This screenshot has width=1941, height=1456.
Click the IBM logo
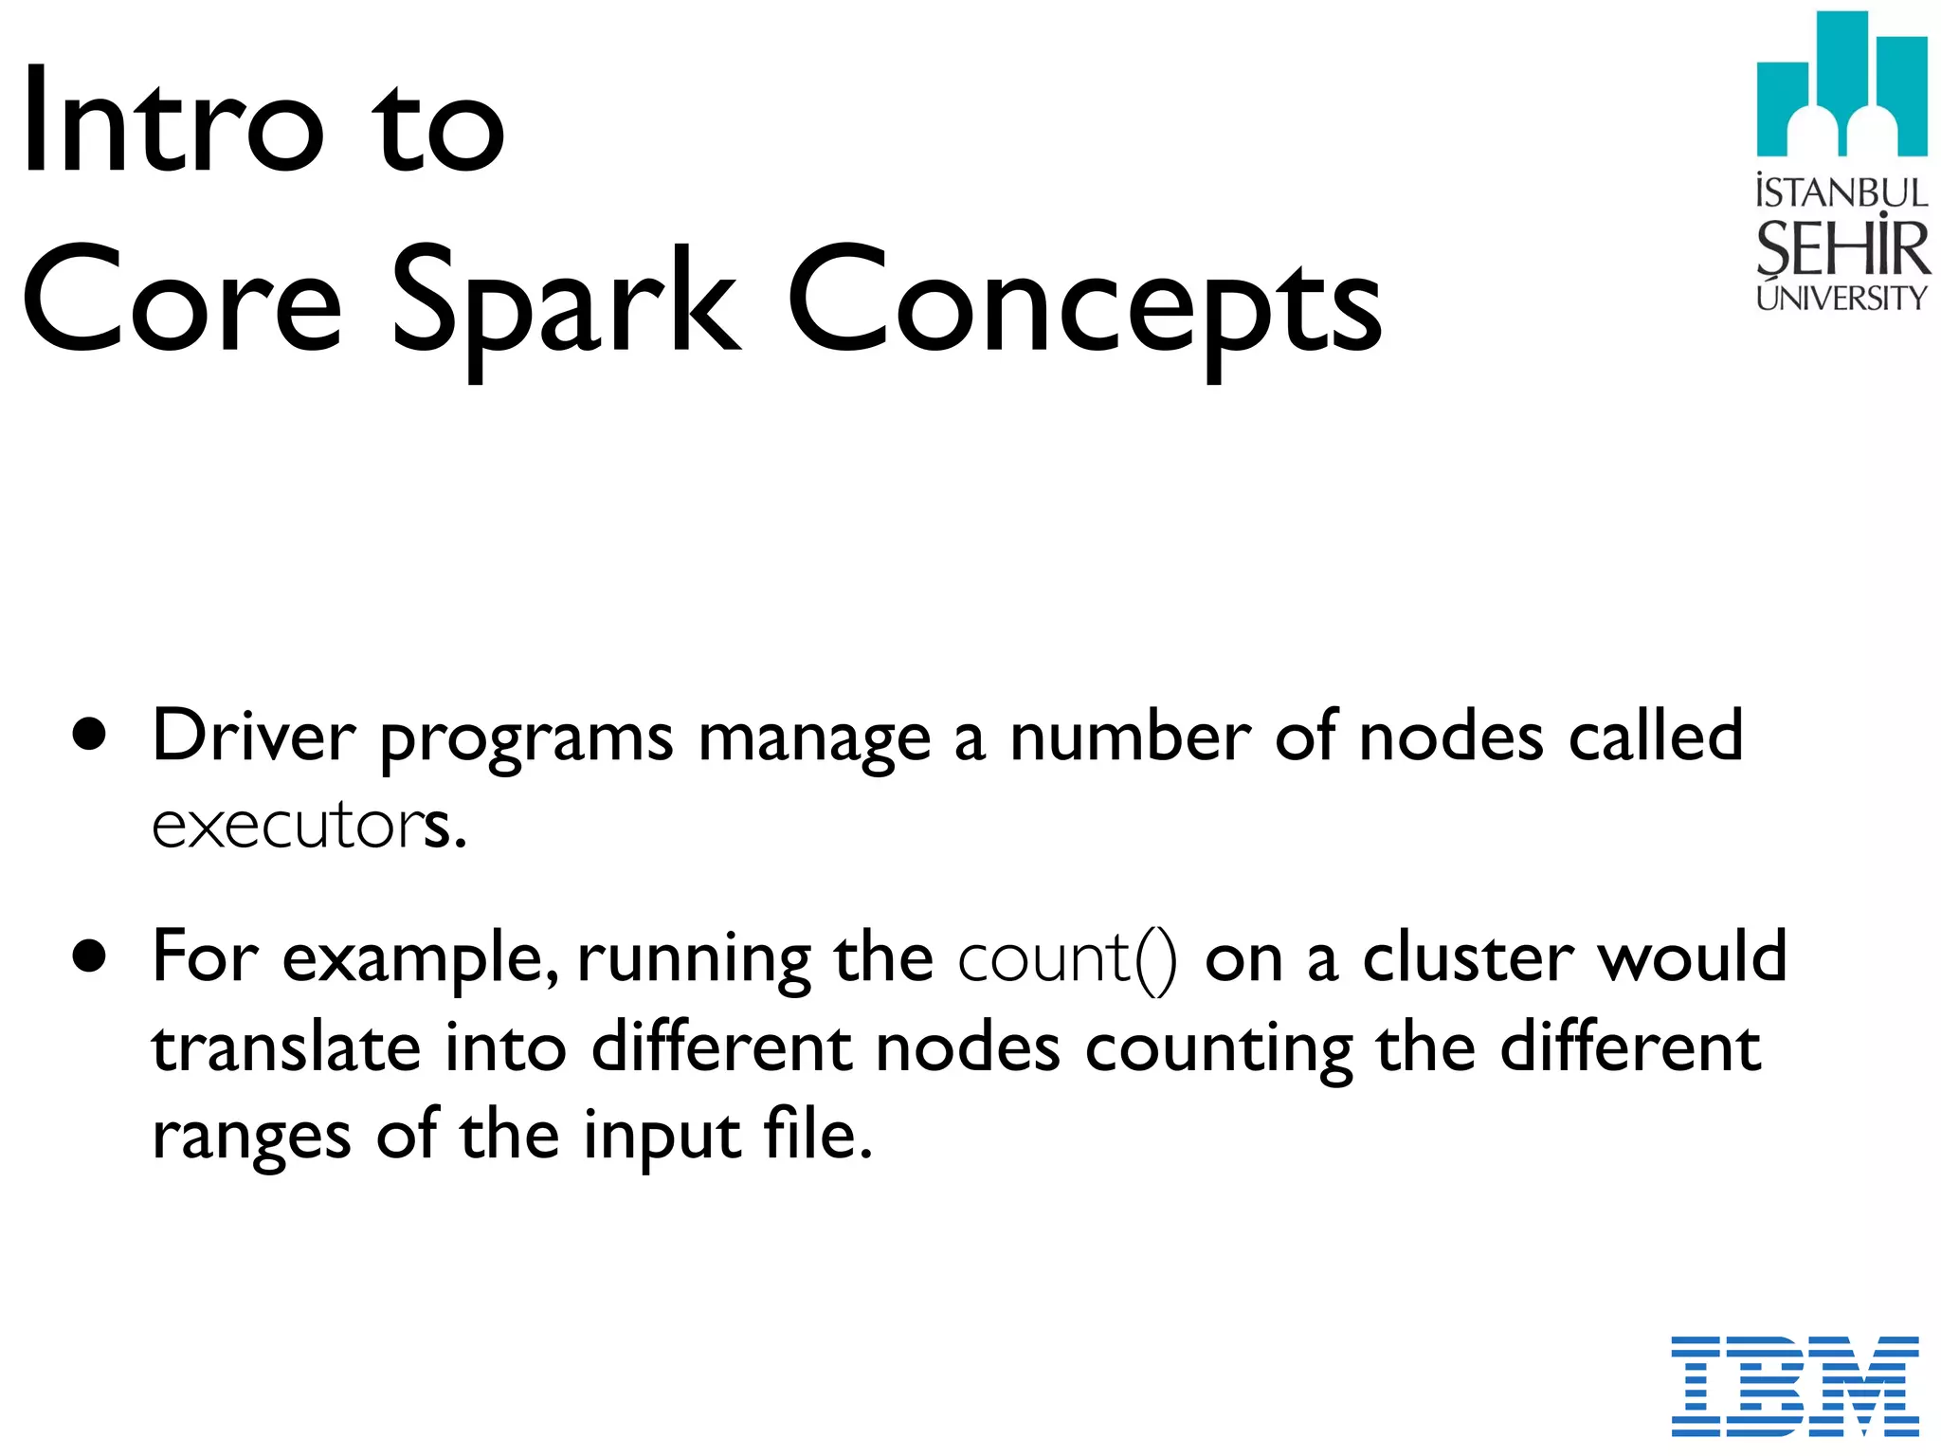[1794, 1385]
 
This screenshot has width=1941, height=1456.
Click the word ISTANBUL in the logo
[1841, 193]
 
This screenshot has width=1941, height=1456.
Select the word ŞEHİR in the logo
[1841, 248]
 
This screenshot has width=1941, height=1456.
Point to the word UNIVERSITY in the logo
[1841, 299]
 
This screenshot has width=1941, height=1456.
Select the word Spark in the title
[566, 301]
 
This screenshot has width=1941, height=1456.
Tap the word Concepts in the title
[1084, 301]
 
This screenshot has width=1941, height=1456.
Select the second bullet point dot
[90, 957]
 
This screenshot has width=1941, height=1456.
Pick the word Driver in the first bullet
[253, 737]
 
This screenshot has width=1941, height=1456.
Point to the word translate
[286, 1047]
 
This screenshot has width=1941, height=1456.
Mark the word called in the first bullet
[1655, 737]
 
